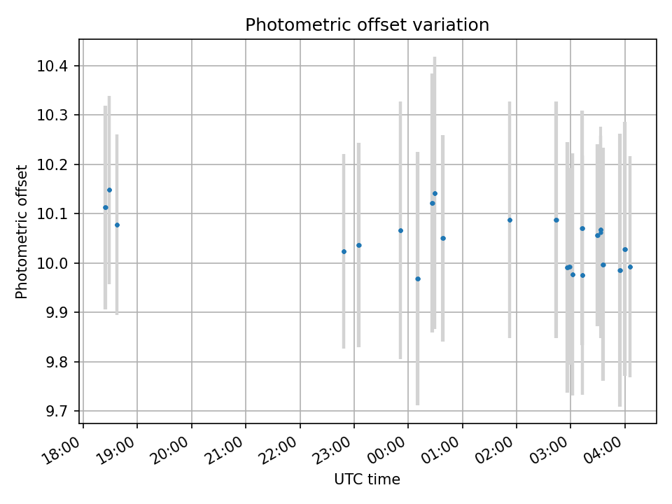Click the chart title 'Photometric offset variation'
[367, 25]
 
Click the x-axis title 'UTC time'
[367, 479]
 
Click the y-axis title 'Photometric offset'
[22, 232]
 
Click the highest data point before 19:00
[109, 190]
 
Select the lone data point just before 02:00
[510, 220]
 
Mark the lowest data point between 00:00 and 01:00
[418, 279]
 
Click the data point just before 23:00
[344, 251]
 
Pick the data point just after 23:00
[359, 245]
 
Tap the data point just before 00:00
[400, 230]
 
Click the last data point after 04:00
[630, 267]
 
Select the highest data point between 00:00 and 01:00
[435, 193]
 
